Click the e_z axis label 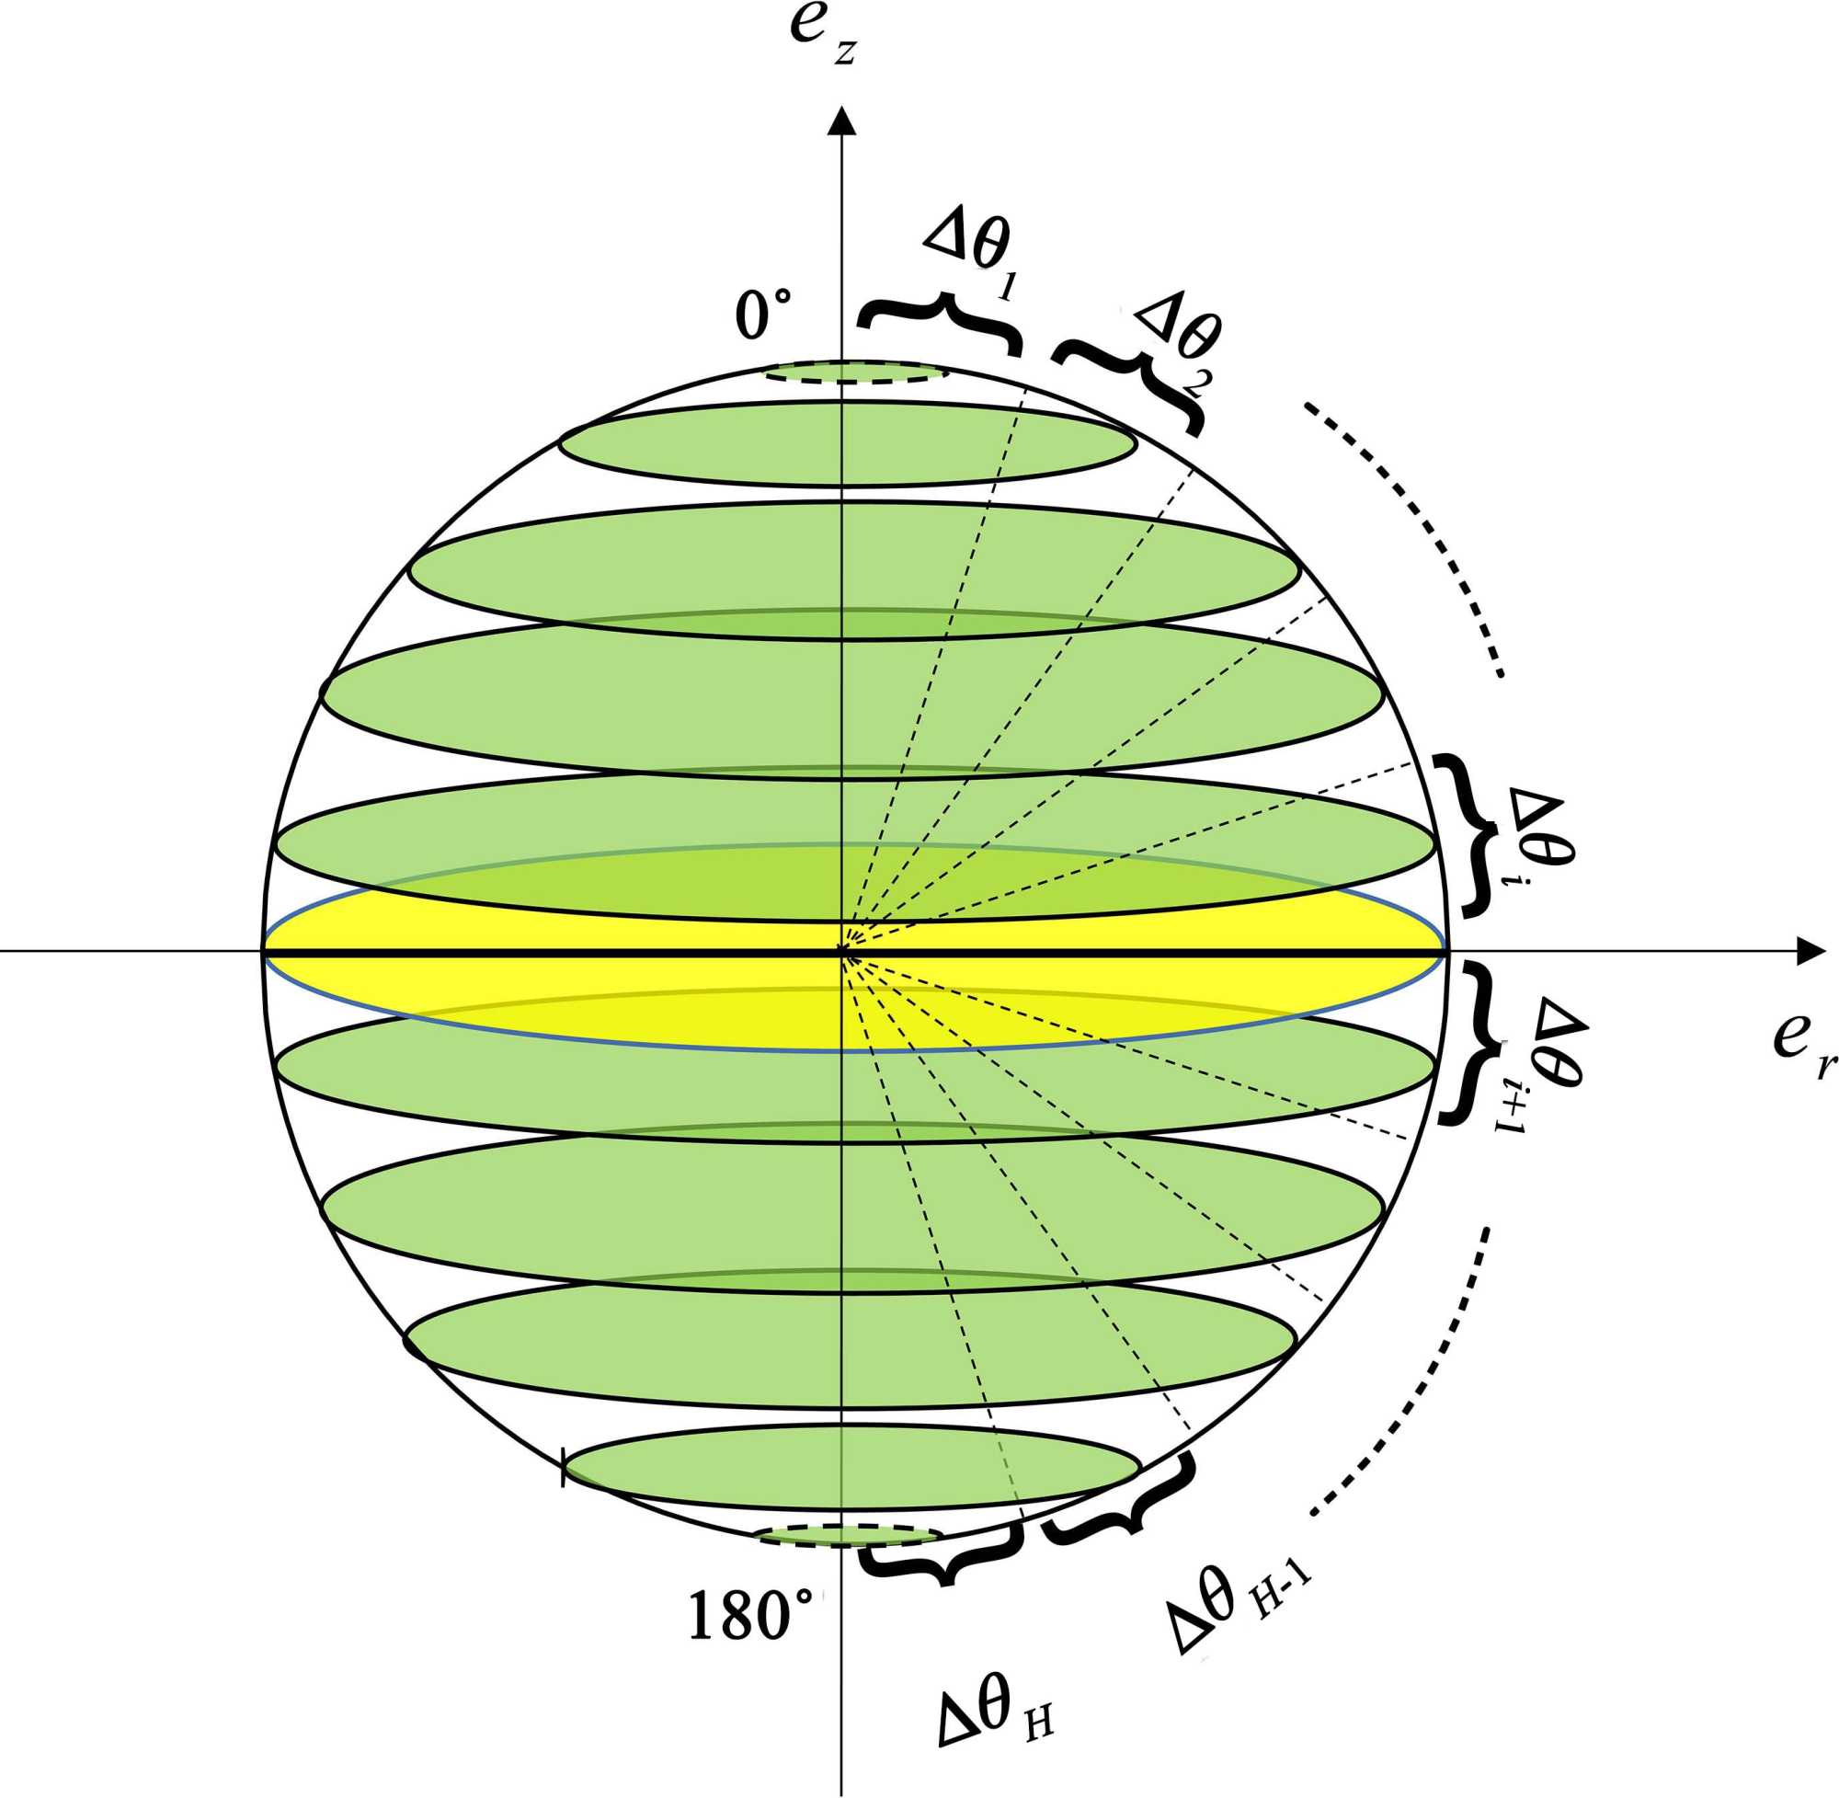(823, 34)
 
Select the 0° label (763, 314)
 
